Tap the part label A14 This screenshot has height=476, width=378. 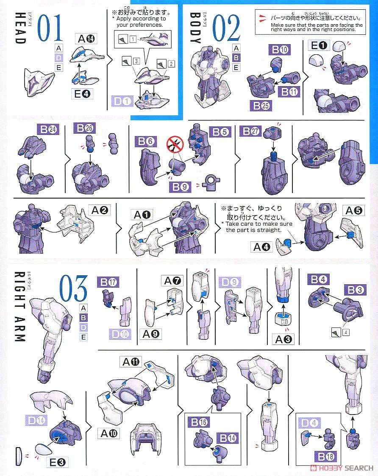point(86,39)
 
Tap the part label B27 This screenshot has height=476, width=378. point(250,132)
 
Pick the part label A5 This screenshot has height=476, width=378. point(353,210)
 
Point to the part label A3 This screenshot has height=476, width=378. point(284,339)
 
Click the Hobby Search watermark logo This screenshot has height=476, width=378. point(341,468)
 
